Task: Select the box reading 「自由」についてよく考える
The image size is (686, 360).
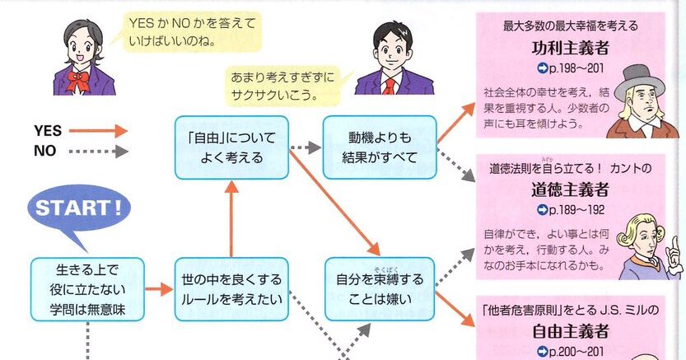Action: click(231, 147)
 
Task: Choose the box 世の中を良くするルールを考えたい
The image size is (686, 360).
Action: click(231, 288)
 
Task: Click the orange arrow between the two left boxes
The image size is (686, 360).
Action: click(159, 289)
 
